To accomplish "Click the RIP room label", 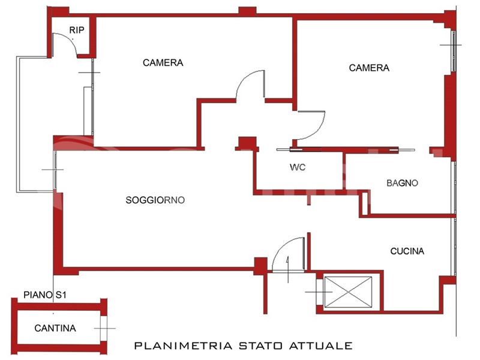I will coord(77,30).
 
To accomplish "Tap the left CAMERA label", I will coord(163,62).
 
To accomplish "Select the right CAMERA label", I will coord(369,68).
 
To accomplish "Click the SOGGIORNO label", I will coord(155,200).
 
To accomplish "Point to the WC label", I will coord(298,167).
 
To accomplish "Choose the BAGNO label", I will coord(402,183).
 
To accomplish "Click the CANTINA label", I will coord(55,328).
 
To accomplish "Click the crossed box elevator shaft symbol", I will coord(348,292).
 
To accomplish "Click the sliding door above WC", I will coord(345,149).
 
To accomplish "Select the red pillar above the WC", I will coord(247,143).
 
